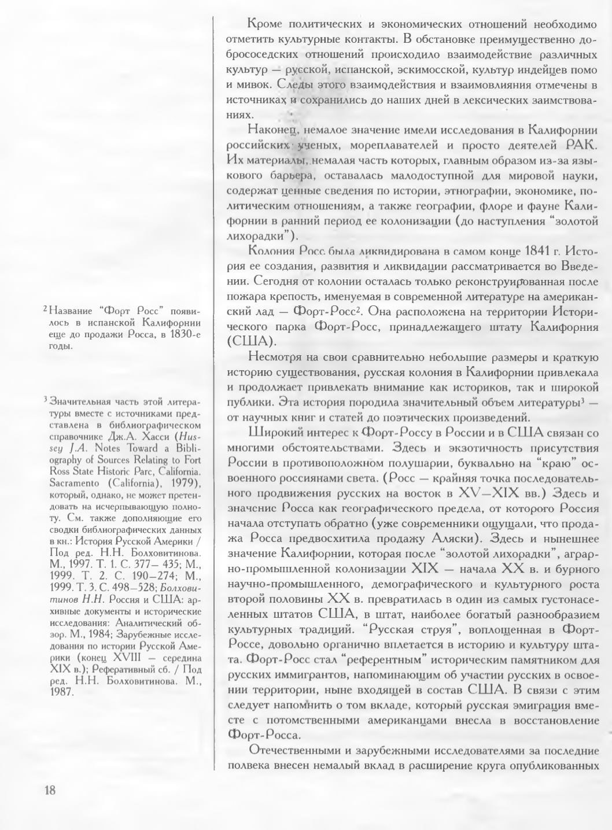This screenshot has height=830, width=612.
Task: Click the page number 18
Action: click(x=50, y=791)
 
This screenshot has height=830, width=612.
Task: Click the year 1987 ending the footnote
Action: click(x=62, y=692)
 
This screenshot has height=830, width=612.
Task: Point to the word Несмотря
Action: click(x=275, y=356)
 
